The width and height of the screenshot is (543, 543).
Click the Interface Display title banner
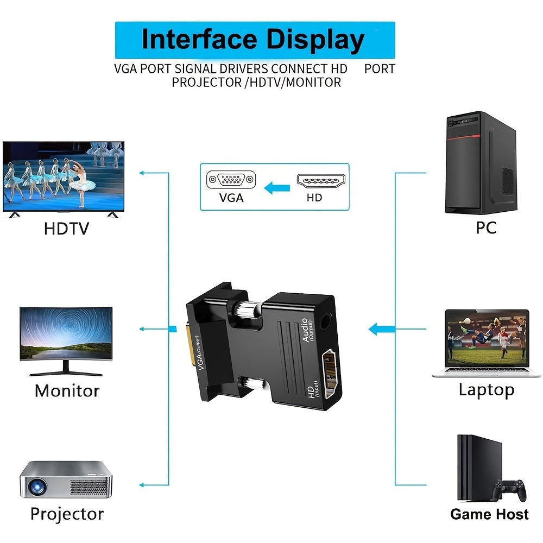pos(255,40)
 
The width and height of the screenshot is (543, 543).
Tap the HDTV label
pos(66,228)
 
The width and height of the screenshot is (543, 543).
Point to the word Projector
pos(67,514)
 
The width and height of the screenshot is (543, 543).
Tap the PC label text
pos(486,228)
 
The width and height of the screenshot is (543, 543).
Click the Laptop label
pos(486,389)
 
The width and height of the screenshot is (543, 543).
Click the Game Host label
pos(489,514)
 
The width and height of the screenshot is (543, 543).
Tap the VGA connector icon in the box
pos(231,179)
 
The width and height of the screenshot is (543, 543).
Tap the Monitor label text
pos(67,390)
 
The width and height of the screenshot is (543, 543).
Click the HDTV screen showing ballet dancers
pos(64,176)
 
